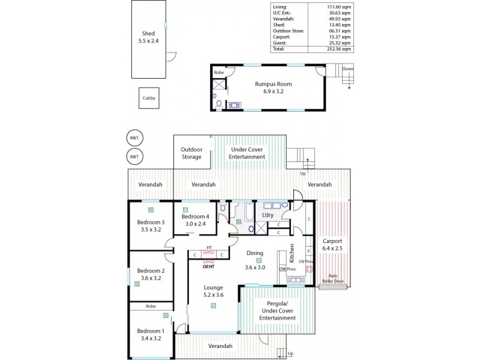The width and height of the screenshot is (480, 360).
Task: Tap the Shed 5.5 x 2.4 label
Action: click(x=148, y=38)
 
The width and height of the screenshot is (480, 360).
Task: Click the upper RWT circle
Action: click(x=134, y=138)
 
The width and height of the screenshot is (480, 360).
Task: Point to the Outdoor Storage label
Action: click(x=192, y=153)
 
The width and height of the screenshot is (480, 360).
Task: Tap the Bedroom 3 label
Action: click(x=151, y=226)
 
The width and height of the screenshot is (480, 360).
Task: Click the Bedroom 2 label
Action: click(x=151, y=275)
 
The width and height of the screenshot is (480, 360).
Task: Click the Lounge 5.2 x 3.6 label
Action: click(x=213, y=291)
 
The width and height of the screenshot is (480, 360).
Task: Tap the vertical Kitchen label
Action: click(x=292, y=254)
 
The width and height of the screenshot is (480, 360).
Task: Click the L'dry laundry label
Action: click(x=268, y=215)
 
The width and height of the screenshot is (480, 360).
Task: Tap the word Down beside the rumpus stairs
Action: click(x=347, y=69)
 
